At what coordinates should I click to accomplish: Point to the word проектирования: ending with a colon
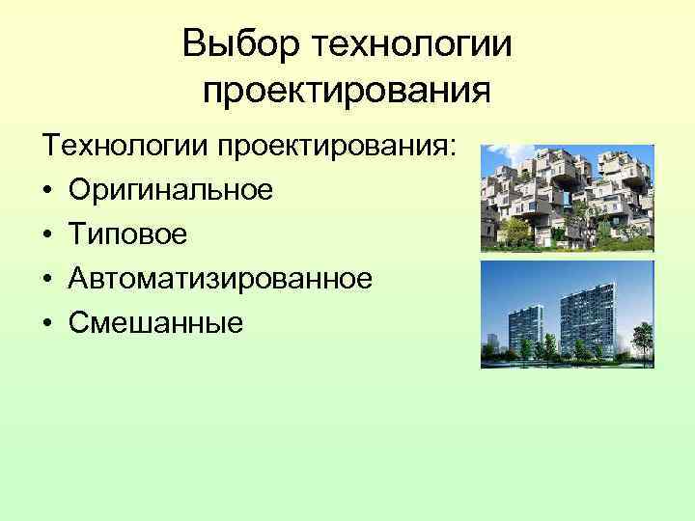[343, 149]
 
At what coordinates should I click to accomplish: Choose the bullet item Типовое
[127, 235]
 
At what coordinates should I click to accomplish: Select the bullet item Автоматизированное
[220, 280]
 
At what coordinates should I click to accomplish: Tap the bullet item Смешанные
[155, 324]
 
